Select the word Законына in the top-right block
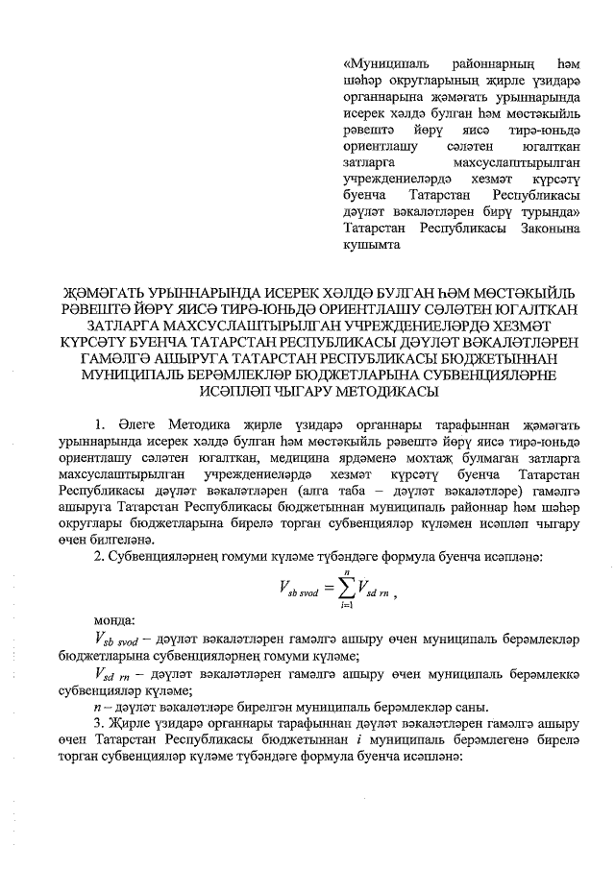[x=544, y=229]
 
